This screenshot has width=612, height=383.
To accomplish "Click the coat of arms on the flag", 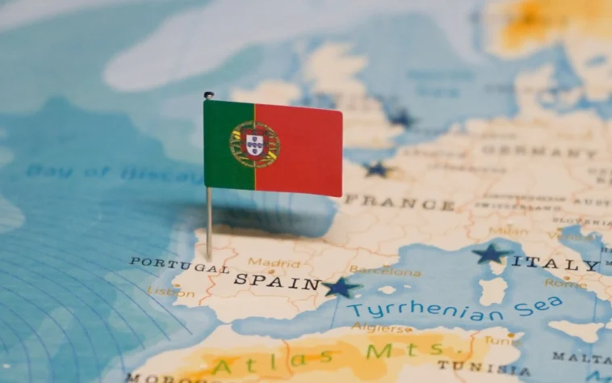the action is pyautogui.click(x=254, y=145).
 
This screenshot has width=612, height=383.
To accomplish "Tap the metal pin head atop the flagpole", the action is pyautogui.click(x=208, y=95).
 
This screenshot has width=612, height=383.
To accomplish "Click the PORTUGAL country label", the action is pyautogui.click(x=179, y=264).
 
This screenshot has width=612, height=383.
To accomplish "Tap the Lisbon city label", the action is pyautogui.click(x=165, y=291).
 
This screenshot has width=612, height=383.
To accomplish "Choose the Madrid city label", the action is pyautogui.click(x=274, y=262).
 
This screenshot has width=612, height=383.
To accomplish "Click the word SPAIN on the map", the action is pyautogui.click(x=277, y=282).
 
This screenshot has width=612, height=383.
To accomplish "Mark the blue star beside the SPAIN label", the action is pyautogui.click(x=340, y=287).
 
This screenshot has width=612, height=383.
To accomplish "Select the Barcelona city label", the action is pyautogui.click(x=385, y=271).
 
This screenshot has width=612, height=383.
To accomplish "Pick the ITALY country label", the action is pyautogui.click(x=556, y=263).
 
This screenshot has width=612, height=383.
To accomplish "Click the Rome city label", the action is pyautogui.click(x=565, y=284).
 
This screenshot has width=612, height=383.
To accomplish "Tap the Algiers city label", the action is pyautogui.click(x=381, y=329).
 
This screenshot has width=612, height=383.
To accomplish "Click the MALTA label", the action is pyautogui.click(x=582, y=356).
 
